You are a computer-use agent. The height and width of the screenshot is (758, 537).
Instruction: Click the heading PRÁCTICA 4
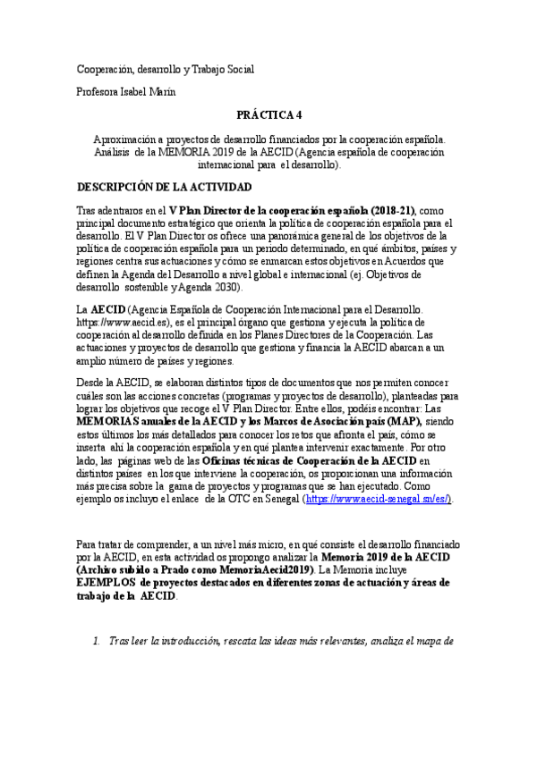(268, 115)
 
